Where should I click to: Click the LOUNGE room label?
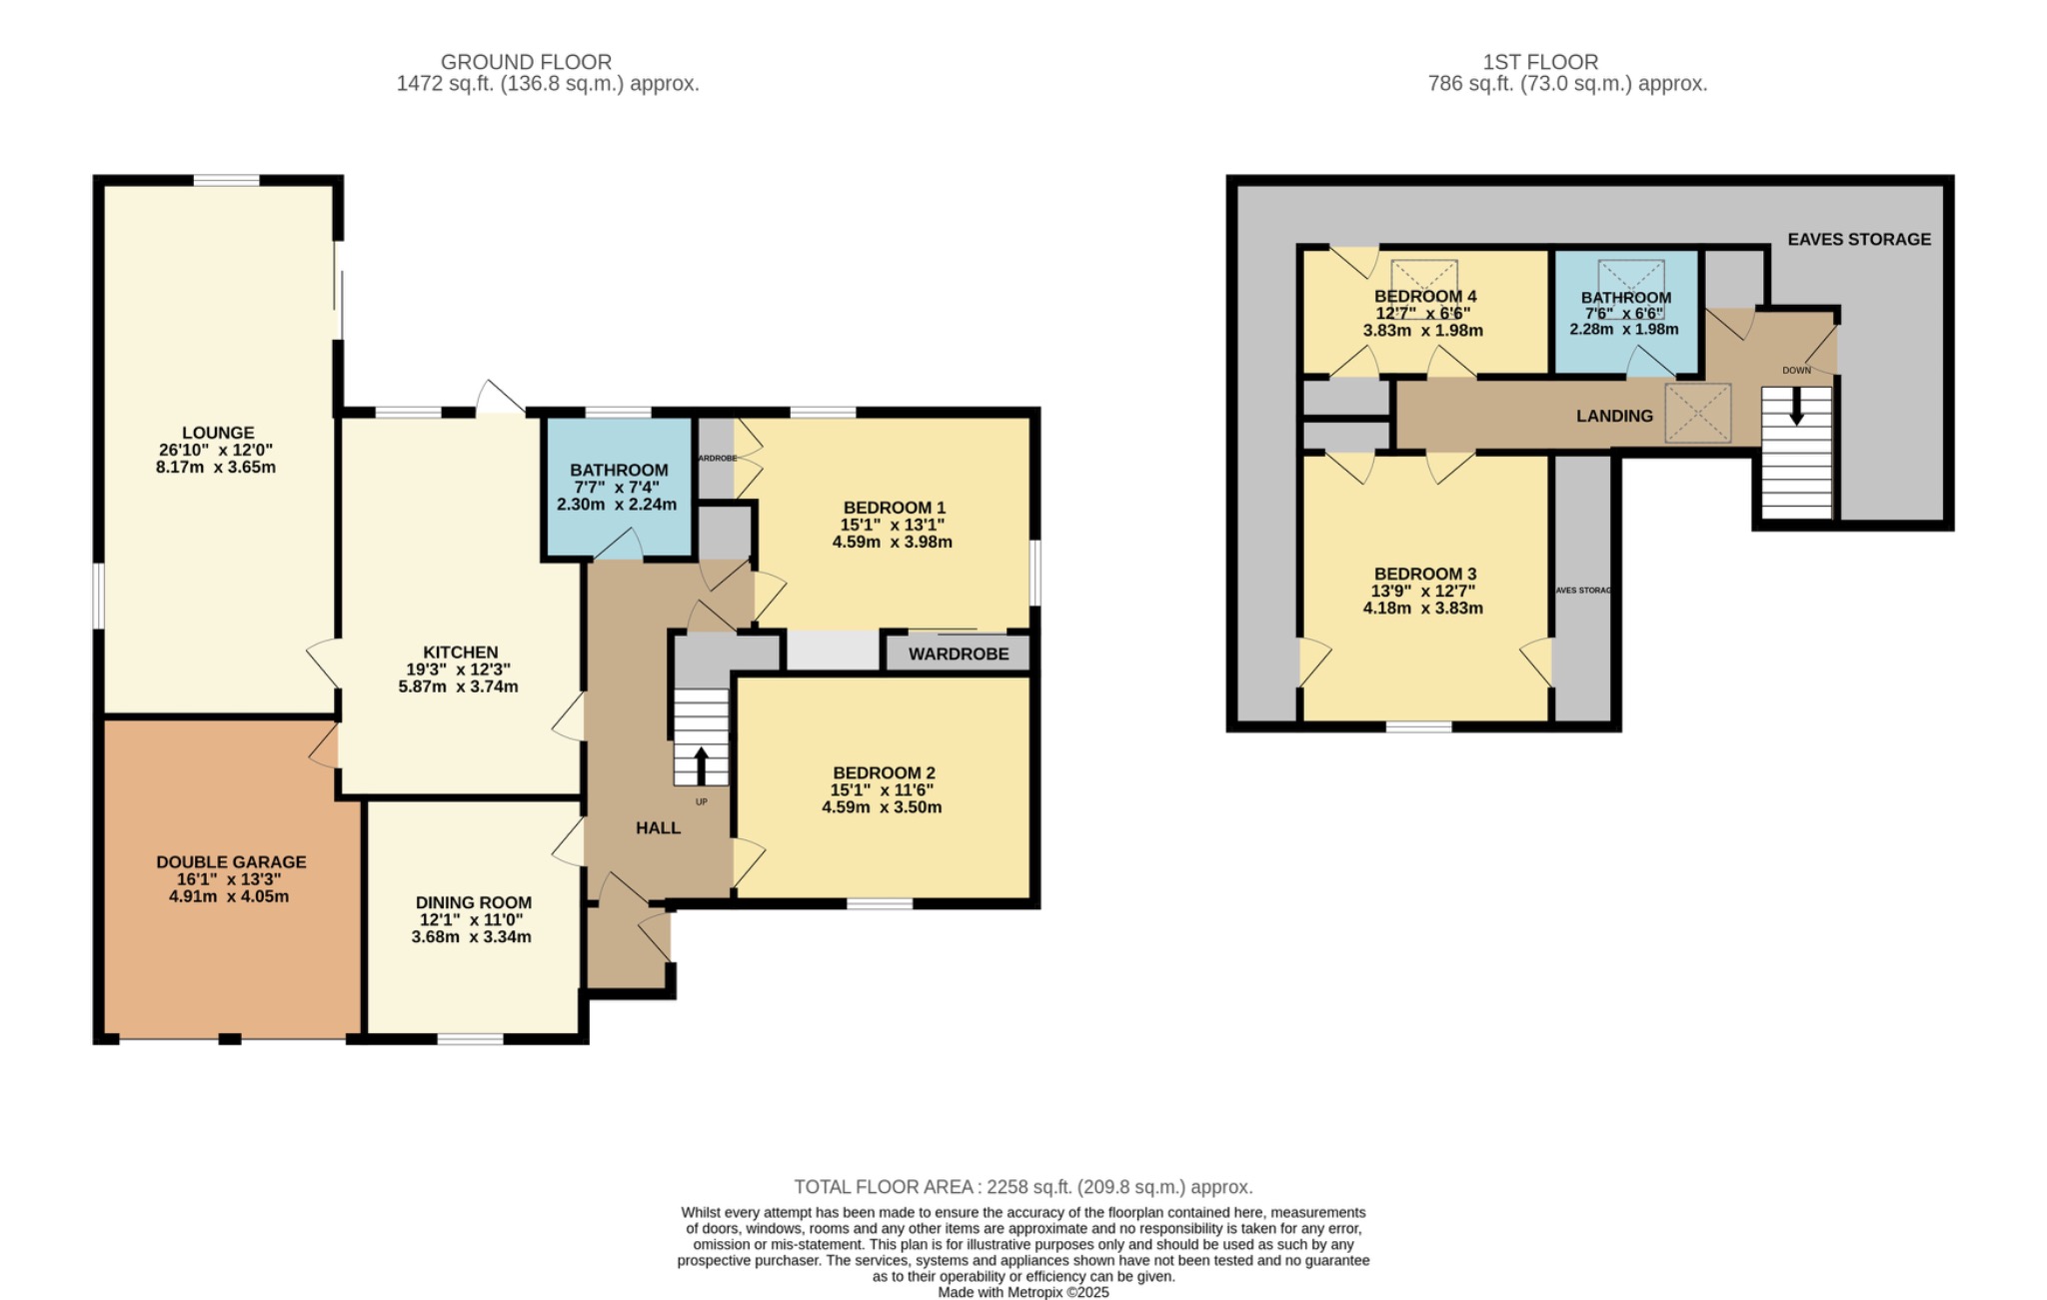(x=218, y=433)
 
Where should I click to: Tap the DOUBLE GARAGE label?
(x=231, y=861)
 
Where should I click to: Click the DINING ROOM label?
(x=473, y=902)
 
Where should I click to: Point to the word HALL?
(x=658, y=827)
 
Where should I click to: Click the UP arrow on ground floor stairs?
(x=701, y=764)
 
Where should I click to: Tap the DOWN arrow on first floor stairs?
(x=1796, y=406)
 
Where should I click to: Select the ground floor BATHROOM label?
(x=619, y=470)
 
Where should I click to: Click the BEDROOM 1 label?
(x=894, y=507)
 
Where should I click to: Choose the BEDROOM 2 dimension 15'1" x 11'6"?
(x=882, y=789)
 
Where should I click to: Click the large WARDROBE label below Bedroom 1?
(x=958, y=653)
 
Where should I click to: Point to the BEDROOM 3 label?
(x=1424, y=574)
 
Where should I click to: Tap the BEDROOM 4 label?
(x=1424, y=296)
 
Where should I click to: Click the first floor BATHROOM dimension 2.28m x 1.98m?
(x=1623, y=329)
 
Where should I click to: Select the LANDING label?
(x=1614, y=416)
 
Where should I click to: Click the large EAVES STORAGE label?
(x=1858, y=239)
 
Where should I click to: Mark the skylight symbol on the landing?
(x=1697, y=413)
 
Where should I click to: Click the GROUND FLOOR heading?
(x=526, y=62)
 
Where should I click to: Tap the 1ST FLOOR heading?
(x=1539, y=62)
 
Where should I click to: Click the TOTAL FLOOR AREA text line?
(x=1023, y=1187)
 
